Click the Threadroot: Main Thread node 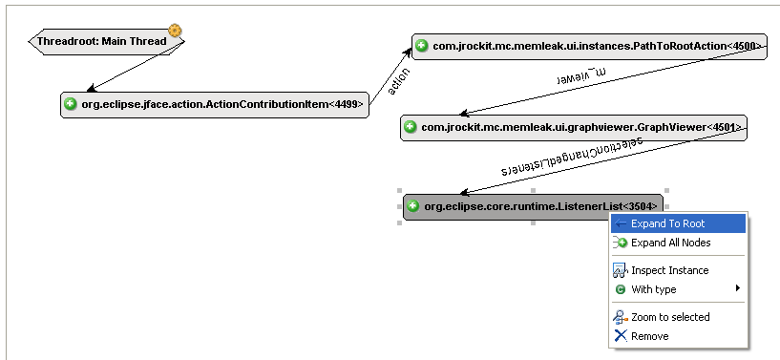tap(100, 41)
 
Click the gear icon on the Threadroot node tap(175, 31)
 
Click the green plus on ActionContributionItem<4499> tap(71, 105)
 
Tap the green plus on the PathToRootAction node tap(422, 46)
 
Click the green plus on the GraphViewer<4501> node tap(411, 127)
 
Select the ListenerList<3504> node tap(539, 206)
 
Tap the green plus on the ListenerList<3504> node tap(412, 206)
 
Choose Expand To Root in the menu tap(667, 223)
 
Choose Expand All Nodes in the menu tap(670, 243)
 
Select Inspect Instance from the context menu tap(669, 270)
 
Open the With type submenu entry tap(653, 289)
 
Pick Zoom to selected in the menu tap(670, 317)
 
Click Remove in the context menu tap(649, 336)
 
